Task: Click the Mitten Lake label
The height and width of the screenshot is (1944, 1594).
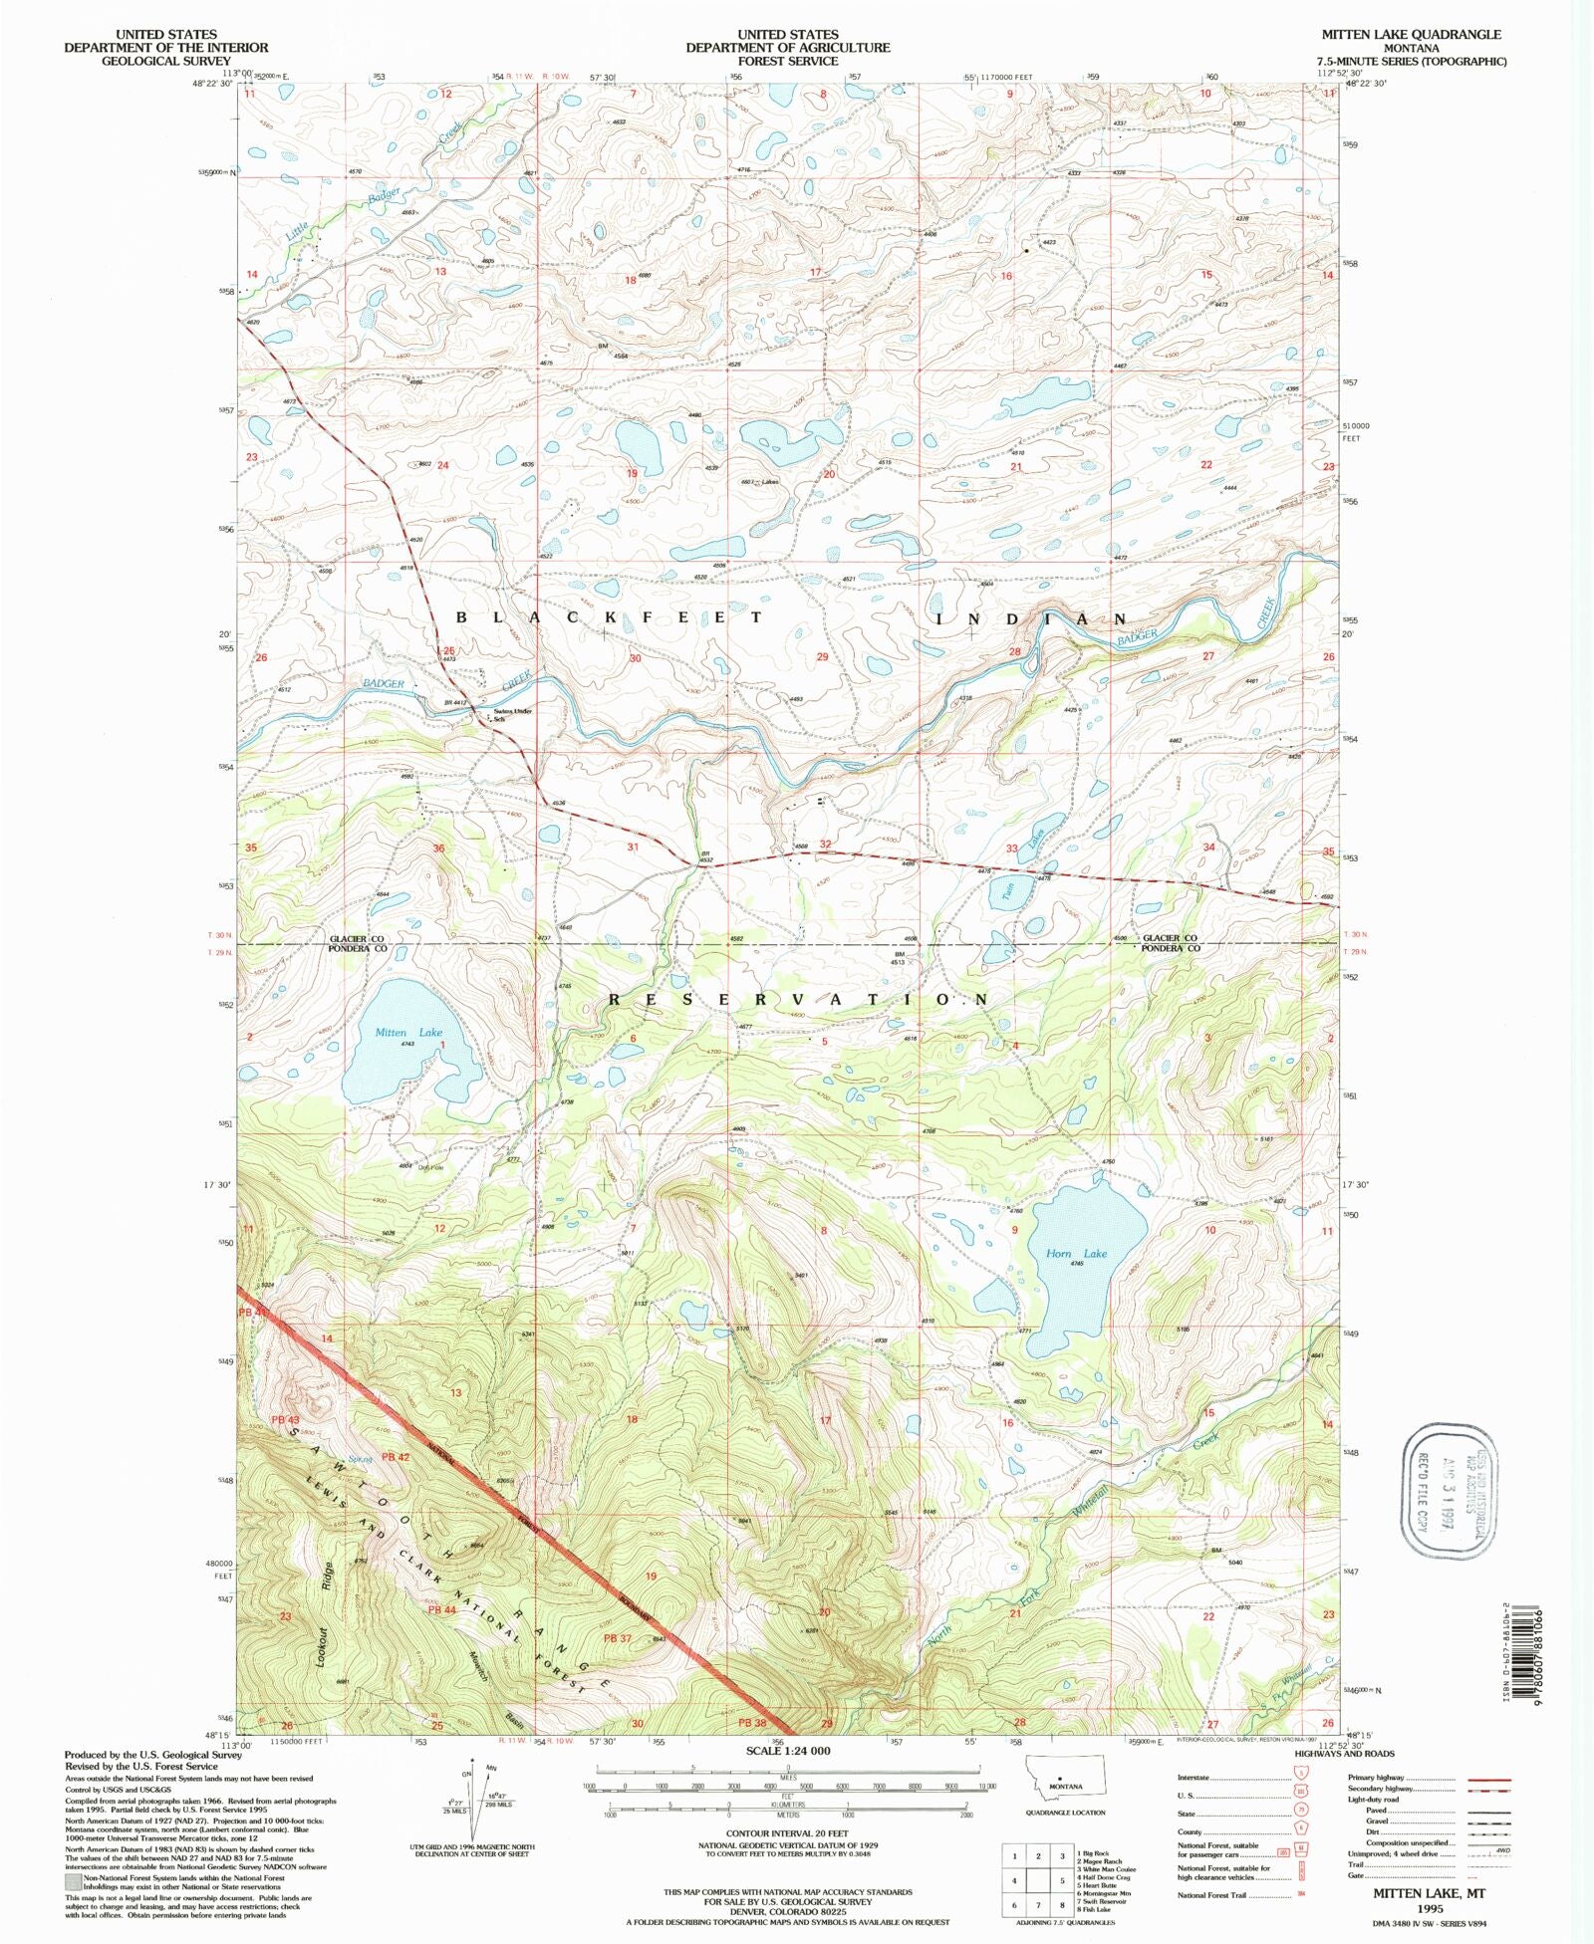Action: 408,1033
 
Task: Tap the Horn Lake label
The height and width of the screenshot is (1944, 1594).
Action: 1076,1254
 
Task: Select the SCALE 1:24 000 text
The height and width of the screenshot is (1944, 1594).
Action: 787,1750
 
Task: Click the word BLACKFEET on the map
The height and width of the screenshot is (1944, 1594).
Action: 610,618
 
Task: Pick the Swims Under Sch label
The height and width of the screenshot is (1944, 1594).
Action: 513,714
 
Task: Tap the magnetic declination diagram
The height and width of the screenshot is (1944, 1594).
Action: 473,1800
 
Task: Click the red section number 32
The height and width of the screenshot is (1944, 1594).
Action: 825,844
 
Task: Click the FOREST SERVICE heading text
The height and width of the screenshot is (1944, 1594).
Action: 787,61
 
